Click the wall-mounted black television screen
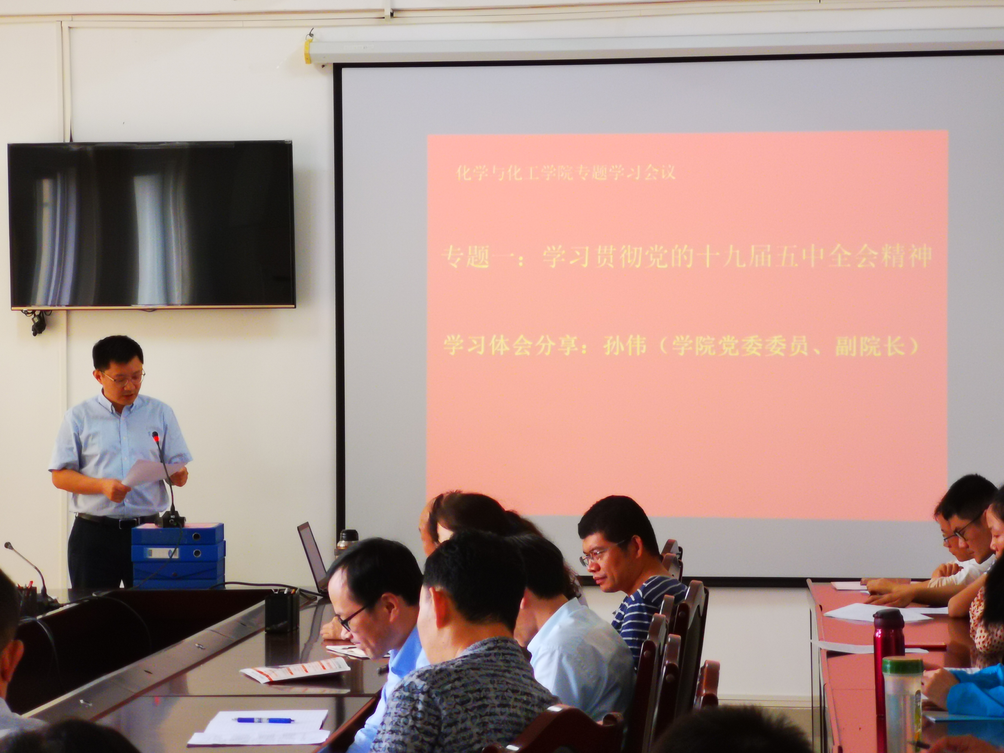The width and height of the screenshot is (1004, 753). click(152, 225)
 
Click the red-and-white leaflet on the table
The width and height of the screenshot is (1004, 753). click(295, 670)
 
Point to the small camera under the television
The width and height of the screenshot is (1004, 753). click(37, 323)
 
